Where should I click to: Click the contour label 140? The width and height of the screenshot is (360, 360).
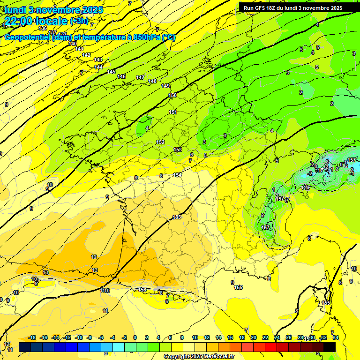coord(73,44)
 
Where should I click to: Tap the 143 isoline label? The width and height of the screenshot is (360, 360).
coord(98,60)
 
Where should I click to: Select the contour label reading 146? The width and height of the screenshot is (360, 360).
coord(121,76)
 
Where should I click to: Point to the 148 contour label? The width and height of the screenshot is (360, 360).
coord(152,81)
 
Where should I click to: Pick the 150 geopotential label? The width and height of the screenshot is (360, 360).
coord(172,95)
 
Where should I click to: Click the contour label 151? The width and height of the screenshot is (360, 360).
coord(173,112)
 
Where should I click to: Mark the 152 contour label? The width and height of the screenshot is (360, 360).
coord(160,142)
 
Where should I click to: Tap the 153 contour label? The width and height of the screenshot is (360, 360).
coord(178,150)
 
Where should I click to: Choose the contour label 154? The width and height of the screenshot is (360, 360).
coord(177,175)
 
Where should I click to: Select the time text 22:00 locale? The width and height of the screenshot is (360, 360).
coord(35,21)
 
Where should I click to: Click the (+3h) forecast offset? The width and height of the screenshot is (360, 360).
coord(79,21)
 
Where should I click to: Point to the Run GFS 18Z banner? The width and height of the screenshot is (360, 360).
coord(292,8)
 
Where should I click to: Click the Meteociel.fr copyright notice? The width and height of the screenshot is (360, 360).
coord(199,357)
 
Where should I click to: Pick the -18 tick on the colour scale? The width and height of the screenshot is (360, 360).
coord(32,337)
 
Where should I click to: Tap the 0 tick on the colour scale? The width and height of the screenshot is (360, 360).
coord(135,337)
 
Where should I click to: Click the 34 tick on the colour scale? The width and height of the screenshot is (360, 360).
coord(335,337)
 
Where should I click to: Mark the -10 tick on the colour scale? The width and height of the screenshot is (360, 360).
coord(79,337)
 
